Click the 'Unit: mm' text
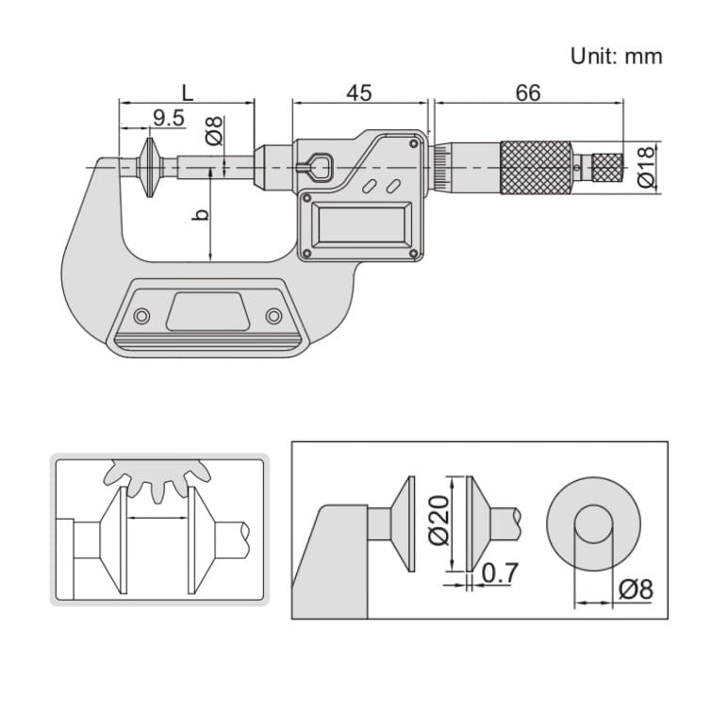[x=617, y=56]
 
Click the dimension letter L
[x=187, y=92]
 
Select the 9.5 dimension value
[x=168, y=118]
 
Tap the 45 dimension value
[x=358, y=92]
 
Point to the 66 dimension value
[x=528, y=92]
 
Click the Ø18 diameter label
[x=647, y=167]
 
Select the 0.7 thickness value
[x=498, y=572]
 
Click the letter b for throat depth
[x=200, y=215]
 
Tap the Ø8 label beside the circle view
[x=636, y=590]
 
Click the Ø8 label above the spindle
[x=214, y=131]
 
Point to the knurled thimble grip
[x=535, y=168]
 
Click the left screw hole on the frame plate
[x=141, y=315]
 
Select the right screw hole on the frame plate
[x=273, y=315]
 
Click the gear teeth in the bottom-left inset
[x=156, y=476]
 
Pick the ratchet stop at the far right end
[x=607, y=168]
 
